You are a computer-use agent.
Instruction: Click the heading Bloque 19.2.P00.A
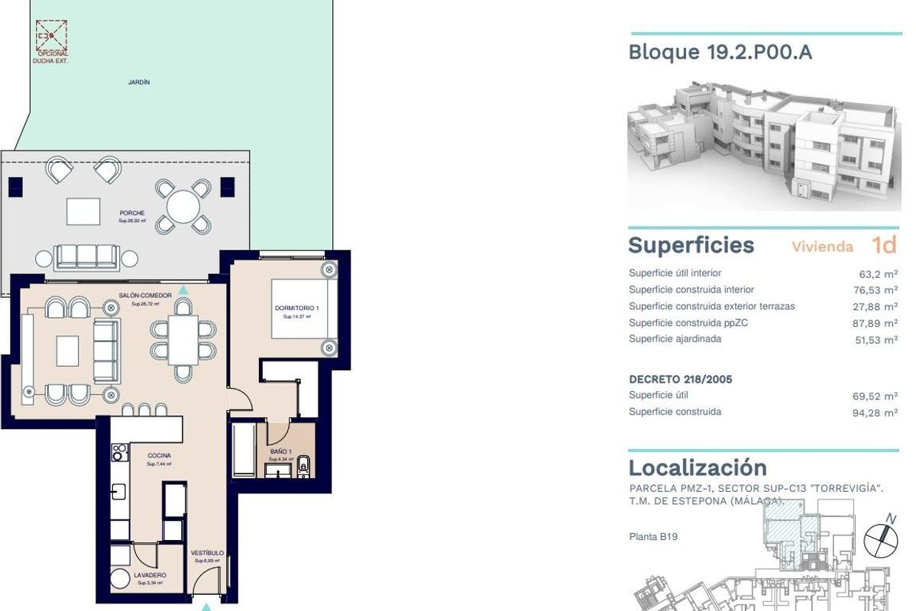pos(720,53)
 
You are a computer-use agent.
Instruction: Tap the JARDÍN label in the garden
pos(138,82)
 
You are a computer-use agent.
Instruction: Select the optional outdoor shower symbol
pos(52,35)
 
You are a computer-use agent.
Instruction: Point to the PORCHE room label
pos(131,214)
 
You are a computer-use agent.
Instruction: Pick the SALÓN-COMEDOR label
pos(144,296)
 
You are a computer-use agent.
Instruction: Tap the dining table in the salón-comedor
pos(183,340)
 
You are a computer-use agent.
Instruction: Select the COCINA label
pos(159,456)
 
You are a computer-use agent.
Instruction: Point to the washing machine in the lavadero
pos(120,580)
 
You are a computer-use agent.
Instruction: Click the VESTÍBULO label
pos(207,553)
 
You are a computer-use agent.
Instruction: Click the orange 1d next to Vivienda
pos(883,245)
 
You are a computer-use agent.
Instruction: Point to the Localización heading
pos(697,467)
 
